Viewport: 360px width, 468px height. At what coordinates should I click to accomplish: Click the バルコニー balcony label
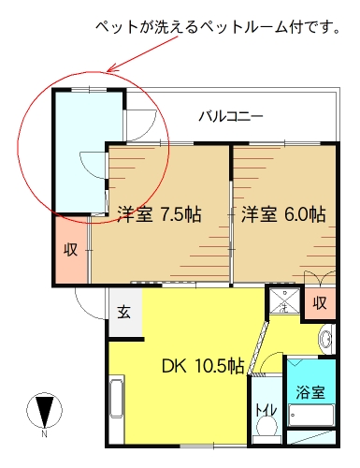(231, 117)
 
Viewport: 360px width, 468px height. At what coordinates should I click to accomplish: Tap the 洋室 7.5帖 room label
(159, 214)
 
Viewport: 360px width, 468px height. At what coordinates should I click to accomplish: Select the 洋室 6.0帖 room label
(283, 214)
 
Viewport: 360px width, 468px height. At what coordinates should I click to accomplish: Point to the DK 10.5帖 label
(203, 366)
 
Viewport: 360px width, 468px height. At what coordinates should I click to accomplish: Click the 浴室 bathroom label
(310, 392)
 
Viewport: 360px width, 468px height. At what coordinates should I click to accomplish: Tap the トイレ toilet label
(266, 410)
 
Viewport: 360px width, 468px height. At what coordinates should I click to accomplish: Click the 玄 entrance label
(123, 313)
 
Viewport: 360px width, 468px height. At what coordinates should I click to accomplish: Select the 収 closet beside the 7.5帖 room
(70, 250)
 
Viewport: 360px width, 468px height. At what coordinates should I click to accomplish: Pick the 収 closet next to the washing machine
(320, 302)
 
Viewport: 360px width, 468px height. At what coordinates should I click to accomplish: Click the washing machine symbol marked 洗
(284, 300)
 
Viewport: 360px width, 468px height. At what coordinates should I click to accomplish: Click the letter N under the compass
(45, 433)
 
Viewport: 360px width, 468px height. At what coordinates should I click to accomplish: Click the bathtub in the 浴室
(311, 416)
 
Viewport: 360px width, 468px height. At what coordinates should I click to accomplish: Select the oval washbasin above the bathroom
(325, 339)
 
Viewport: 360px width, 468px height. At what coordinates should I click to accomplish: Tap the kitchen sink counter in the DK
(117, 399)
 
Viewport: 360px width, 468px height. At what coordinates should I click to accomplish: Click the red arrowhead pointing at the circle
(111, 68)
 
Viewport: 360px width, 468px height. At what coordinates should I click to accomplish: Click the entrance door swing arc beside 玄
(88, 307)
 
